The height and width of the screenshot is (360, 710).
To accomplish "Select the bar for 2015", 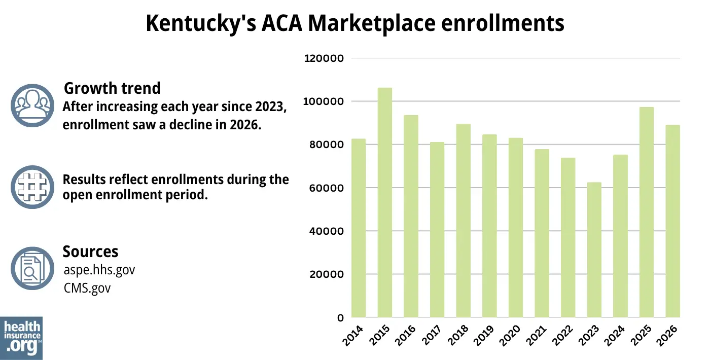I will (x=384, y=203).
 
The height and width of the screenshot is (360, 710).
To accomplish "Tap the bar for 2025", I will (x=647, y=212).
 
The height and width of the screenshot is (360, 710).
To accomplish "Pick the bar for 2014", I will (x=359, y=228).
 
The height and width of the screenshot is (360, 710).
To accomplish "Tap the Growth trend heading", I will (x=112, y=88).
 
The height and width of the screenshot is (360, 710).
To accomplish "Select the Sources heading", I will (x=90, y=251).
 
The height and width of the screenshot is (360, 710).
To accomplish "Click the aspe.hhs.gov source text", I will (x=99, y=270).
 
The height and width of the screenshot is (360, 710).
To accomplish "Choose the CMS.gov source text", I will (x=87, y=288).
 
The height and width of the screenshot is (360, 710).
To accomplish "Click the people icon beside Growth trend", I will (x=32, y=105).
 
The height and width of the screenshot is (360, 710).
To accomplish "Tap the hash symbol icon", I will (x=32, y=187).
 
